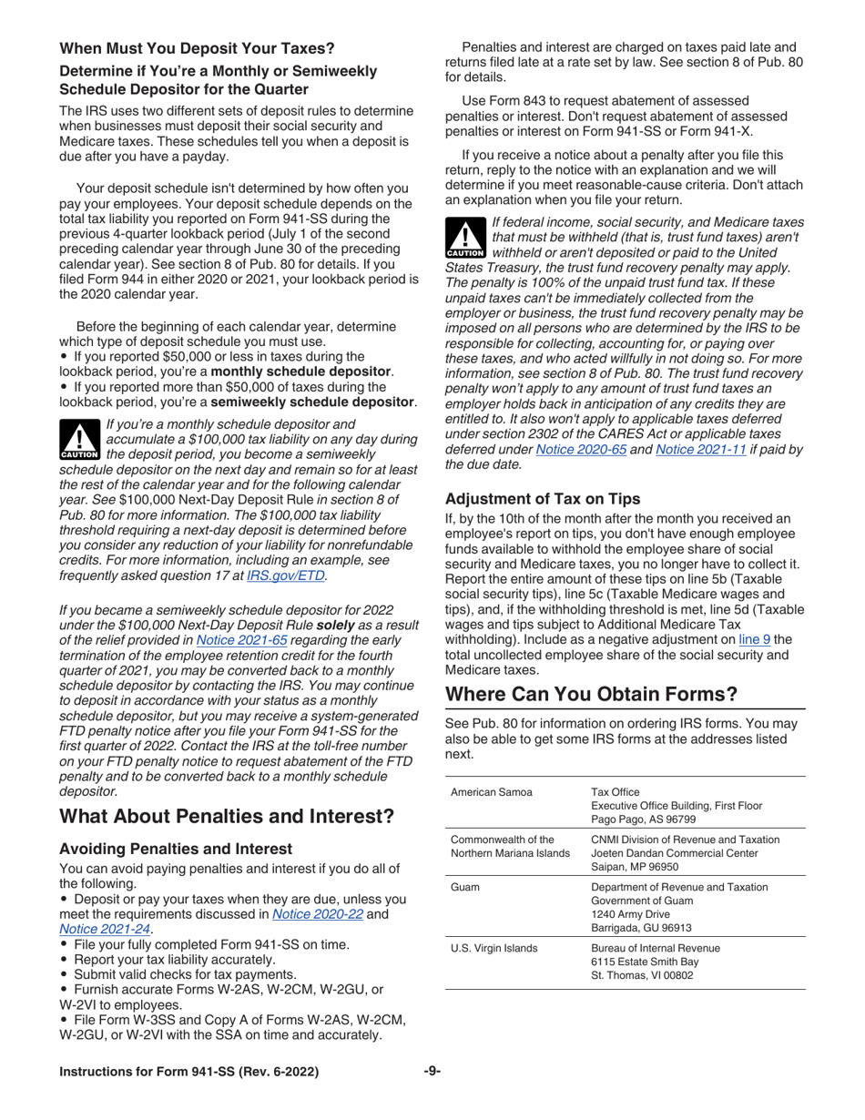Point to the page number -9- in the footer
pyautogui.click(x=432, y=1072)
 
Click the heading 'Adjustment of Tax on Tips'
pyautogui.click(x=543, y=498)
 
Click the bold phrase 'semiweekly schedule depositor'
pyautogui.click(x=313, y=402)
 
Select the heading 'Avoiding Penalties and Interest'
pyautogui.click(x=176, y=849)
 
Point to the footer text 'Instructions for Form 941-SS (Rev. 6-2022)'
pyautogui.click(x=188, y=1072)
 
